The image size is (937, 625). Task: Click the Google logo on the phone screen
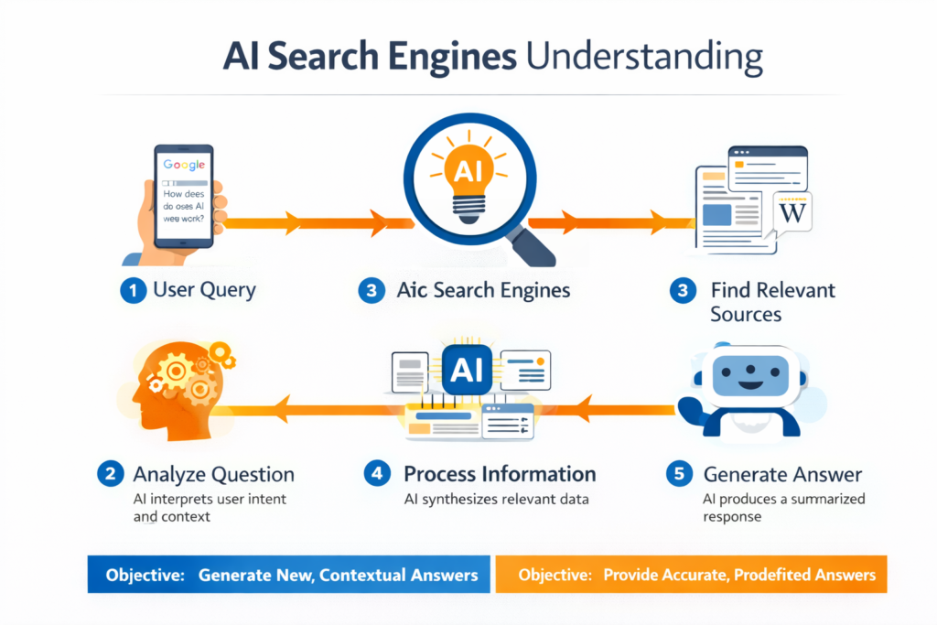[184, 166]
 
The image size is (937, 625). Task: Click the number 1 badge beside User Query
[133, 291]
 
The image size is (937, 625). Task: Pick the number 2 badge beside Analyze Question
[110, 474]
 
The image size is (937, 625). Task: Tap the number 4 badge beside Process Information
[376, 474]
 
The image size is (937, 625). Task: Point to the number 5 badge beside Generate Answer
[679, 474]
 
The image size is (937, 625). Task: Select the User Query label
[204, 291]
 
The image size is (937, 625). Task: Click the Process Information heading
[500, 474]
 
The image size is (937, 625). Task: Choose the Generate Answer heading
[782, 474]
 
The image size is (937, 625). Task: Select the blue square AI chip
[468, 370]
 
